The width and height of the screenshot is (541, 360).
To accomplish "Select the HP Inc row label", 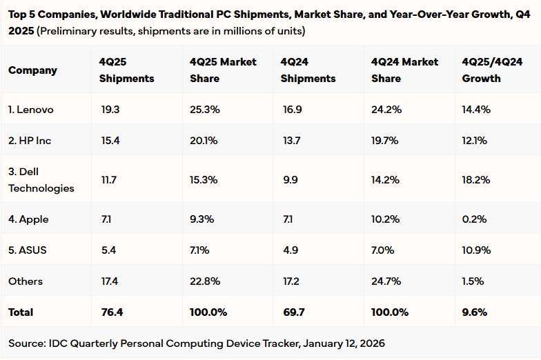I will pyautogui.click(x=30, y=141).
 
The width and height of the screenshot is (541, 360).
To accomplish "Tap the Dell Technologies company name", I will pyautogui.click(x=41, y=179).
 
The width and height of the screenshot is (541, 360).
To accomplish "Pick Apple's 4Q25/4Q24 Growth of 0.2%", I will pyautogui.click(x=474, y=219).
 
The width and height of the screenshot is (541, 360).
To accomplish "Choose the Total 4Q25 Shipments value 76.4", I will pyautogui.click(x=111, y=312).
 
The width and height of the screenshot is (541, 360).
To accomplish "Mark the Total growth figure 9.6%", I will pyautogui.click(x=475, y=312).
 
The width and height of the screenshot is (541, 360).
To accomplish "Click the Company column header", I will pyautogui.click(x=32, y=70).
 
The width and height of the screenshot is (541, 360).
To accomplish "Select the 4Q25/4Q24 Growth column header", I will pyautogui.click(x=491, y=70).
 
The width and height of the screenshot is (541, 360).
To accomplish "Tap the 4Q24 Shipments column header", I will pyautogui.click(x=308, y=70).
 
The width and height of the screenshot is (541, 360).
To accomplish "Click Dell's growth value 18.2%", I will pyautogui.click(x=476, y=180).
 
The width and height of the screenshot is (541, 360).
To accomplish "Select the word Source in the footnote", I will pyautogui.click(x=26, y=343).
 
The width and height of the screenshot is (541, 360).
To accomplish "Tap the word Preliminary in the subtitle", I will pyautogui.click(x=70, y=31).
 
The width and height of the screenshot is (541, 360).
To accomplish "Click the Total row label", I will pyautogui.click(x=21, y=312).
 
